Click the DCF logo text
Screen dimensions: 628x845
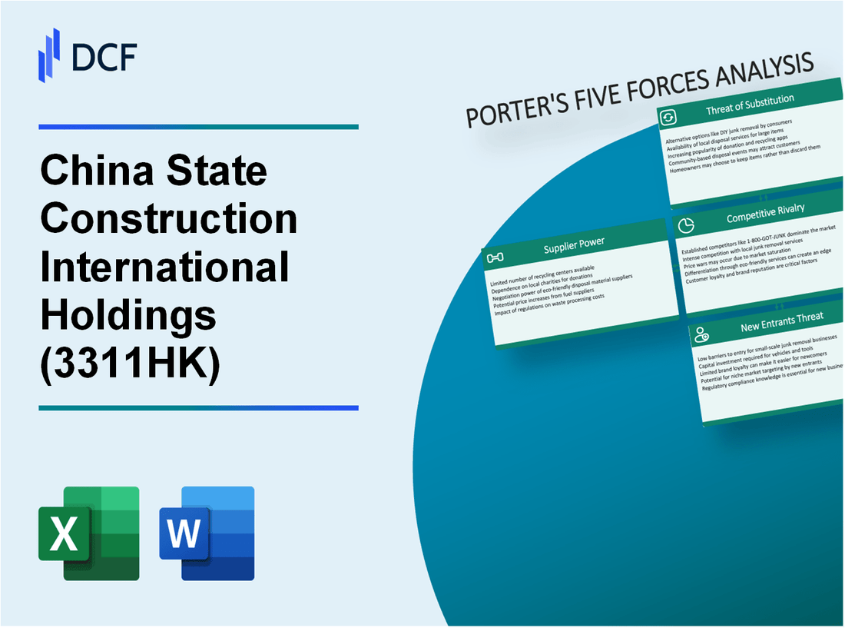[103, 58]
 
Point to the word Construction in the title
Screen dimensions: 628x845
[169, 218]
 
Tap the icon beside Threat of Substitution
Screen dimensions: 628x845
[668, 117]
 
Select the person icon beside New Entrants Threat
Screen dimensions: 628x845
[701, 334]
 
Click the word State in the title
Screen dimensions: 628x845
[222, 171]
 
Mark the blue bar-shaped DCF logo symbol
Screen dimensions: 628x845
[49, 55]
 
